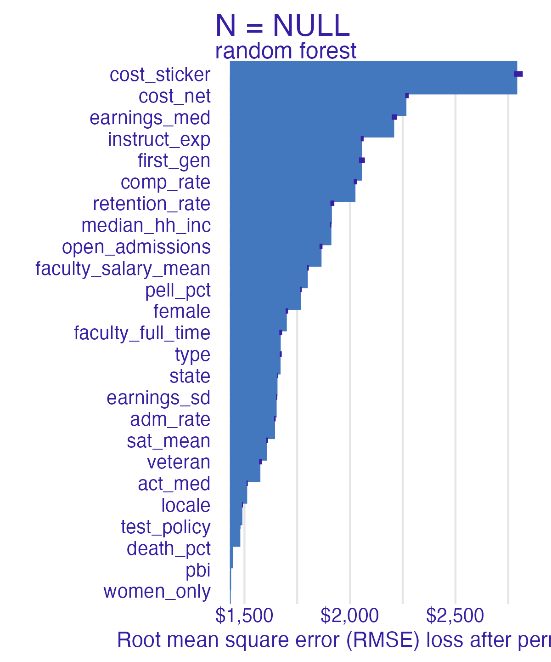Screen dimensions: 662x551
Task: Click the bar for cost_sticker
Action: point(373,77)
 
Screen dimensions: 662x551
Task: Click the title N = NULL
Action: point(282,26)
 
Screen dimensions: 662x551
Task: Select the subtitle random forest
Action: point(286,51)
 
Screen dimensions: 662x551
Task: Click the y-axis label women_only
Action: point(157,592)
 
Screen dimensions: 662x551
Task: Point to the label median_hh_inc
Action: point(146,226)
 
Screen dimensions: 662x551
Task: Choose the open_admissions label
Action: point(136,247)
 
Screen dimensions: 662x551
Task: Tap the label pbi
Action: point(198,571)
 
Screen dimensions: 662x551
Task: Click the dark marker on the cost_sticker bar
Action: point(518,74)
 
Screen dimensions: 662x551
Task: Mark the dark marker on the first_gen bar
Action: point(362,160)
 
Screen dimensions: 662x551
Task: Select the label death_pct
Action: point(169,549)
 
